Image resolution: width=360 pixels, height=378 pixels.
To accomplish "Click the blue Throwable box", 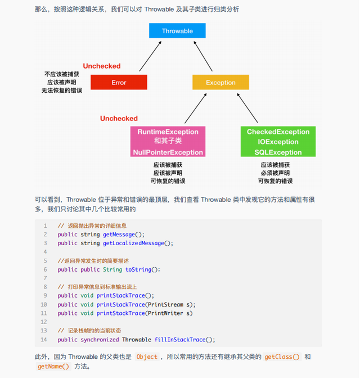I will pos(177,31).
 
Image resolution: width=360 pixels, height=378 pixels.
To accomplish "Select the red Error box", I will pos(119,82).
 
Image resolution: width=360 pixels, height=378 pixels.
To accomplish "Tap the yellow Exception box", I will pos(220,82).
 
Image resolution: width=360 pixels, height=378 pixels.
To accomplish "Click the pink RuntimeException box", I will pos(168,142).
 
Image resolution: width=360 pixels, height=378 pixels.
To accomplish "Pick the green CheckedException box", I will pos(278,142).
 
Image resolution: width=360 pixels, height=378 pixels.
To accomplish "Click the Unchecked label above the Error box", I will pos(102,66).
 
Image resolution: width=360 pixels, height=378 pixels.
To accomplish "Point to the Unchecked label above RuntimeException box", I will pos(119,119).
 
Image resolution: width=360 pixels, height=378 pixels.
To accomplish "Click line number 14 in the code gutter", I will pos(44,339).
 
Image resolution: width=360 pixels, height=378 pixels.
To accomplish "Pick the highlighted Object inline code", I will pos(147,357).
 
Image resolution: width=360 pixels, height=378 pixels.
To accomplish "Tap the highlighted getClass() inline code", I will pos(282,357).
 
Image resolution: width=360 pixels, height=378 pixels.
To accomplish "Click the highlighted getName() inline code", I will pos(53,366).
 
